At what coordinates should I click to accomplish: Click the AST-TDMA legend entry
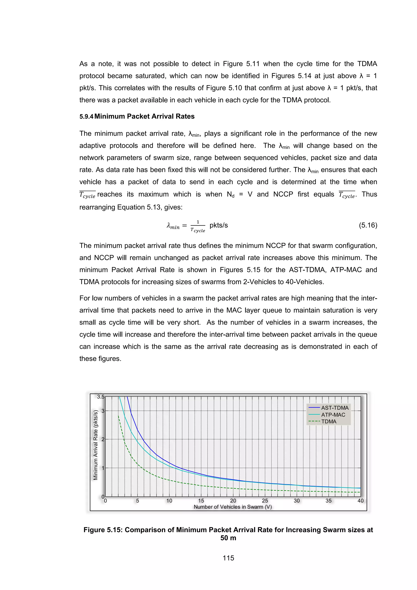point(335,408)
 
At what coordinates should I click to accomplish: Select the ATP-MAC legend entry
point(333,415)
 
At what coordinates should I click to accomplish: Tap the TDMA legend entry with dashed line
point(329,422)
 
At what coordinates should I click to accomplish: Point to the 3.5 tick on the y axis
point(101,397)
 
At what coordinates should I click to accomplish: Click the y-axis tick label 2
point(103,439)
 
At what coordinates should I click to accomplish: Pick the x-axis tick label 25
point(265,501)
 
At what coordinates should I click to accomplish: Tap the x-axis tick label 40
point(360,501)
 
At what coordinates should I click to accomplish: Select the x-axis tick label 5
point(137,501)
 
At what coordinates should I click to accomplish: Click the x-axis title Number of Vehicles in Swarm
point(233,507)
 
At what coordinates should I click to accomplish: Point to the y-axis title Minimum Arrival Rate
point(95,445)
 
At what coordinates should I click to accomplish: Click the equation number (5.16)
point(368,225)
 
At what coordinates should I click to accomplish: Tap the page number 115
point(228,558)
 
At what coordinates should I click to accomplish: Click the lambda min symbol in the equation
point(173,226)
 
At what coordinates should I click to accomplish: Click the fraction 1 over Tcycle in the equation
point(198,226)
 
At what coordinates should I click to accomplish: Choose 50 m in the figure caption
point(228,538)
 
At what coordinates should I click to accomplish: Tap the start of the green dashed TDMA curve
point(118,416)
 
